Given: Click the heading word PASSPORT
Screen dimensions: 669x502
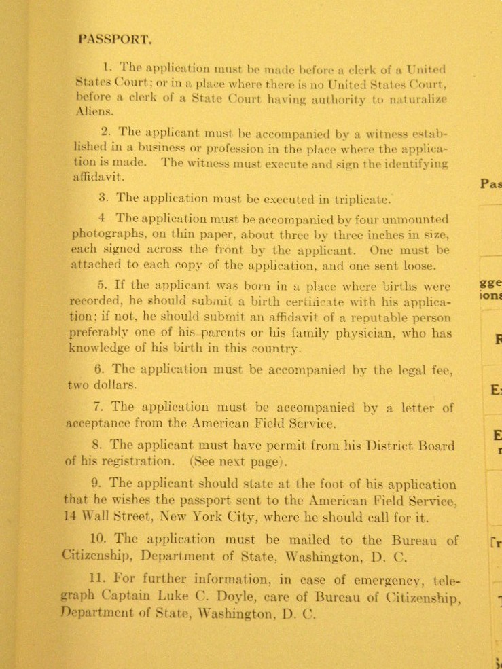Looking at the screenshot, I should tap(115, 39).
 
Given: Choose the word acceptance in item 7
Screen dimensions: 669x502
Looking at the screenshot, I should tap(105, 423).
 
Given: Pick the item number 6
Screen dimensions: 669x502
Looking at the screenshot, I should tap(100, 369).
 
